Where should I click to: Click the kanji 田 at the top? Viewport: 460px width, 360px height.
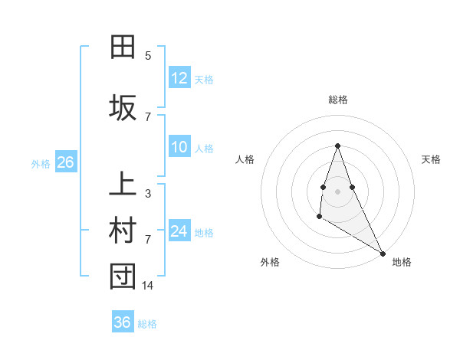coord(123,47)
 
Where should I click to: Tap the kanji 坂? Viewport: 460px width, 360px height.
coord(123,108)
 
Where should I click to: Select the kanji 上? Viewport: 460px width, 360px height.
coord(123,185)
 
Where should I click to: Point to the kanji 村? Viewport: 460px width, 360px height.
coord(123,231)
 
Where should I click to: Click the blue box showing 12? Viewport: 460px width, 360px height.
coord(179,78)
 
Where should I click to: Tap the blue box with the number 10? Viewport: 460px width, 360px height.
coord(179,147)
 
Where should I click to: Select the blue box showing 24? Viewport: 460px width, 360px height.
coord(179,231)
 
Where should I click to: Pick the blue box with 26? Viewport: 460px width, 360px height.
coord(64,162)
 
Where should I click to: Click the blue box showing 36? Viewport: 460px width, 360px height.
coord(122,322)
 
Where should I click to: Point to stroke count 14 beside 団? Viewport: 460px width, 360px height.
coord(149,286)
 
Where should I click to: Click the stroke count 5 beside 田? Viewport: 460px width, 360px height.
coord(148,56)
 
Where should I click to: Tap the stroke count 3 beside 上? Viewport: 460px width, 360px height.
coord(148,194)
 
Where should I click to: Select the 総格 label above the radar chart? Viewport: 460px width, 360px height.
coord(337,100)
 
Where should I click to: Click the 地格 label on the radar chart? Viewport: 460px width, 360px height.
coord(402,263)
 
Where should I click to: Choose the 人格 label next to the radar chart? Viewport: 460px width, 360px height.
coord(245,159)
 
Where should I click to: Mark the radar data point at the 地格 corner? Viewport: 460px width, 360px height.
coord(383,253)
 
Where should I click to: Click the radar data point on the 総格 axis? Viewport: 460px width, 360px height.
coord(337,146)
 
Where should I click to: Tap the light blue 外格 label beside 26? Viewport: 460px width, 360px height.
coord(41,163)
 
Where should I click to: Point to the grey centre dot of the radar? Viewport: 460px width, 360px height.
coord(337,191)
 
